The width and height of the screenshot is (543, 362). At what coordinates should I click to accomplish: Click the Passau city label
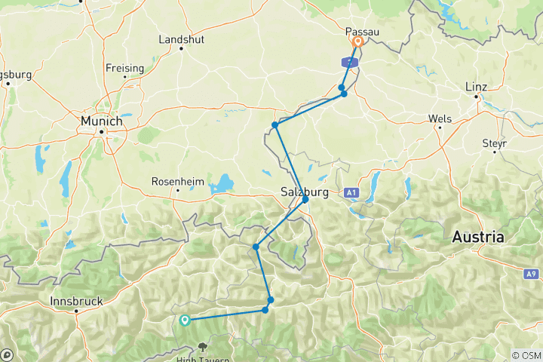pos(361,32)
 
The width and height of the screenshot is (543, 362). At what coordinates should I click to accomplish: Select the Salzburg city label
pos(304,192)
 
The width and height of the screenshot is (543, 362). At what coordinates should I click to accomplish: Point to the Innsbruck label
pos(75,301)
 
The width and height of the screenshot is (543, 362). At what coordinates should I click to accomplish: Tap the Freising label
pos(124,68)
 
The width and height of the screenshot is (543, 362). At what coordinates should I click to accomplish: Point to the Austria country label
pos(477,237)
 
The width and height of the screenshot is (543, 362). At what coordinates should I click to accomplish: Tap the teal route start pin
pos(184,320)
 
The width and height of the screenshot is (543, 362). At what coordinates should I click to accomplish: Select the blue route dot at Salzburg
pos(305,200)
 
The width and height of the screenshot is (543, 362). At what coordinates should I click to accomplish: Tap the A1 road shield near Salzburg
pos(351,194)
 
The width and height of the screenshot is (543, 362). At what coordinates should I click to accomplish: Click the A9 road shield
pos(532,273)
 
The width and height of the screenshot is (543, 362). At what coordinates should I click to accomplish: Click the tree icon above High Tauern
pos(202,347)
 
